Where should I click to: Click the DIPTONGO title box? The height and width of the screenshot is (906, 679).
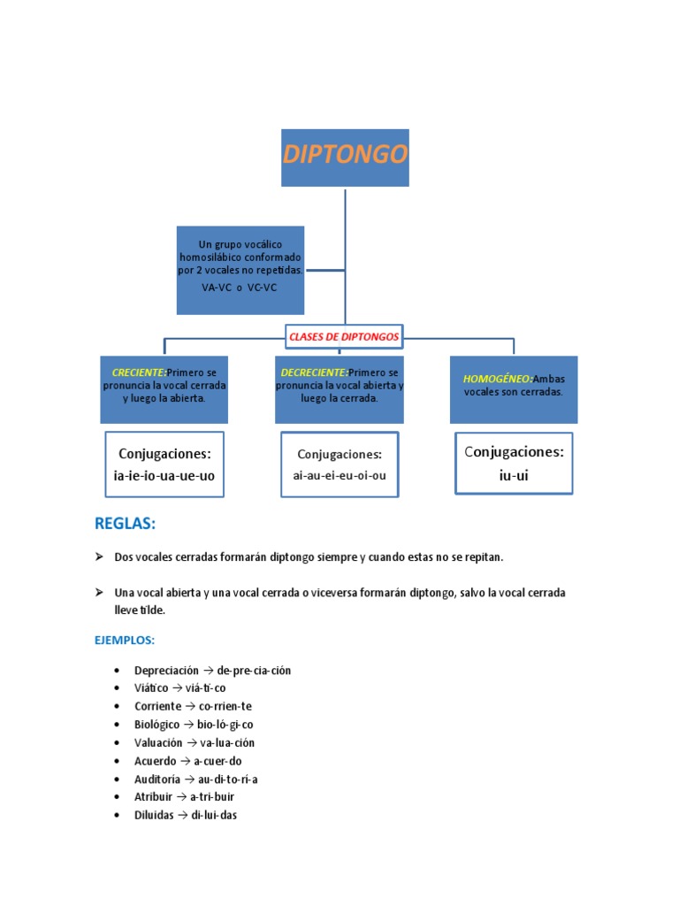pyautogui.click(x=345, y=157)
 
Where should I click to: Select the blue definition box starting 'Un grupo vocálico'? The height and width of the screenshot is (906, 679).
pyautogui.click(x=240, y=270)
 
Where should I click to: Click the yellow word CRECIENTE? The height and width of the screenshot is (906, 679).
pyautogui.click(x=139, y=372)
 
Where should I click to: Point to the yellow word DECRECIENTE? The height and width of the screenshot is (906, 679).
pyautogui.click(x=314, y=372)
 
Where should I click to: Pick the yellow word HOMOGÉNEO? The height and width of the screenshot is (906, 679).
pyautogui.click(x=498, y=379)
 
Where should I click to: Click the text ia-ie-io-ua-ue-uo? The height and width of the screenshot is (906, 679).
pyautogui.click(x=164, y=475)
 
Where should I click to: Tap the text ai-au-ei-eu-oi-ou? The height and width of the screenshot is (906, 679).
pyautogui.click(x=339, y=475)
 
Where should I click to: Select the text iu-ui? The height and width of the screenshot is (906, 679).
pyautogui.click(x=514, y=475)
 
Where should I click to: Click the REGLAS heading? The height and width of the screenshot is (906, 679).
pyautogui.click(x=125, y=524)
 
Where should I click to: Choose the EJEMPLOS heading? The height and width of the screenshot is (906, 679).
pyautogui.click(x=125, y=640)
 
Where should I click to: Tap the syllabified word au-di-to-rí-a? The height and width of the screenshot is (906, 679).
pyautogui.click(x=222, y=779)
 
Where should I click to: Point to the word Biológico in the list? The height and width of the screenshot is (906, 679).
pyautogui.click(x=157, y=725)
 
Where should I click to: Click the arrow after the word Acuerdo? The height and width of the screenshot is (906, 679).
pyautogui.click(x=185, y=761)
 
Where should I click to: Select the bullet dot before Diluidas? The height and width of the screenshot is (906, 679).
pyautogui.click(x=118, y=816)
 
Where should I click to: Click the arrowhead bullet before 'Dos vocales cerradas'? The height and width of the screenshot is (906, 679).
pyautogui.click(x=100, y=557)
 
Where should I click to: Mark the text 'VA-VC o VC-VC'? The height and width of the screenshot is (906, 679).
pyautogui.click(x=240, y=288)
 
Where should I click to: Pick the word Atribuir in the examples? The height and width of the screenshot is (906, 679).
pyautogui.click(x=155, y=797)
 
